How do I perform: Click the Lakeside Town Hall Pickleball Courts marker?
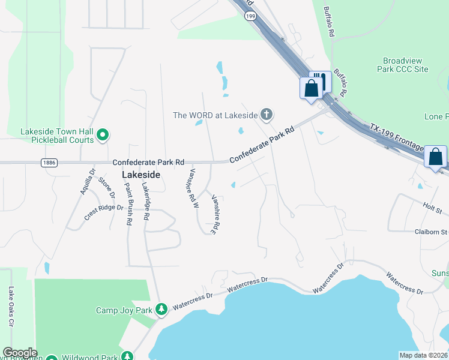click(102, 136)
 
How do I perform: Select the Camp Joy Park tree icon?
click(161, 310)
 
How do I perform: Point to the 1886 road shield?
click(50, 163)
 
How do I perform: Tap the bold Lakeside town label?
click(141, 175)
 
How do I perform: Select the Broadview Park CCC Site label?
click(406, 65)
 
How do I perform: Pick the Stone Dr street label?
click(106, 187)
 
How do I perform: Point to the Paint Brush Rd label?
click(127, 203)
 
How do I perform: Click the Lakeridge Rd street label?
click(145, 202)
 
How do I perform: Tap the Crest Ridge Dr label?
click(103, 212)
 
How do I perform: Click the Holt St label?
click(432, 209)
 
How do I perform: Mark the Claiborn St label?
click(431, 232)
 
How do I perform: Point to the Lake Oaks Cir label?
click(11, 306)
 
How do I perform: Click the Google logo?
click(19, 353)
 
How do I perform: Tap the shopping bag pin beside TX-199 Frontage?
click(435, 157)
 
